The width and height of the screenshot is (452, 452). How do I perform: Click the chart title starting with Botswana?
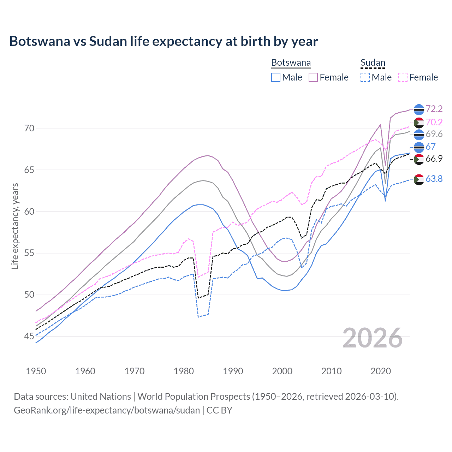pyautogui.click(x=163, y=41)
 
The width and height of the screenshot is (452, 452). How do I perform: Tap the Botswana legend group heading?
pyautogui.click(x=291, y=63)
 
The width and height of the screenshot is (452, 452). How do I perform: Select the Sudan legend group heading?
pyautogui.click(x=373, y=63)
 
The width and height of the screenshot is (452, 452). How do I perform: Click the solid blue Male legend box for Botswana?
pyautogui.click(x=276, y=77)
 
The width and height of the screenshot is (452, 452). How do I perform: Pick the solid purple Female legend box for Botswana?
pyautogui.click(x=313, y=77)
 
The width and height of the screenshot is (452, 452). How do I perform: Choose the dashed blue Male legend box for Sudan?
pyautogui.click(x=365, y=77)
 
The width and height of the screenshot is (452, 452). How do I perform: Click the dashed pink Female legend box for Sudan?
pyautogui.click(x=403, y=77)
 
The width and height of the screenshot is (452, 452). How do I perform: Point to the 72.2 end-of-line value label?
pyautogui.click(x=434, y=109)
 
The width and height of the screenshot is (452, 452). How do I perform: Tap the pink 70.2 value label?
pyautogui.click(x=434, y=122)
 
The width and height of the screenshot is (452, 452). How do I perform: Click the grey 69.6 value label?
pyautogui.click(x=434, y=134)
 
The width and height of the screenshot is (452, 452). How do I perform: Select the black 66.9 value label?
pyautogui.click(x=434, y=159)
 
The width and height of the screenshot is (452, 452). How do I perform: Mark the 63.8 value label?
pyautogui.click(x=434, y=179)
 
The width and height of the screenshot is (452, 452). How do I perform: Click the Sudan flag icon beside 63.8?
pyautogui.click(x=419, y=179)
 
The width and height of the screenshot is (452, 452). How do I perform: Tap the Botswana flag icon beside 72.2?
pyautogui.click(x=419, y=109)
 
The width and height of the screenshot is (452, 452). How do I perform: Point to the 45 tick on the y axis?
pyautogui.click(x=29, y=336)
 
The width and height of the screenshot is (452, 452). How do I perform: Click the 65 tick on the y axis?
pyautogui.click(x=29, y=170)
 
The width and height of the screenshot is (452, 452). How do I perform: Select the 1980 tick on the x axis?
pyautogui.click(x=184, y=371)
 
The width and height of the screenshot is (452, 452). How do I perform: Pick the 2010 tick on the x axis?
pyautogui.click(x=331, y=371)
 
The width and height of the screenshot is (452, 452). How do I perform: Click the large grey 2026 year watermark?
pyautogui.click(x=373, y=338)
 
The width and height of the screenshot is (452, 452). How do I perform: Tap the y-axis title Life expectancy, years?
pyautogui.click(x=15, y=226)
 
